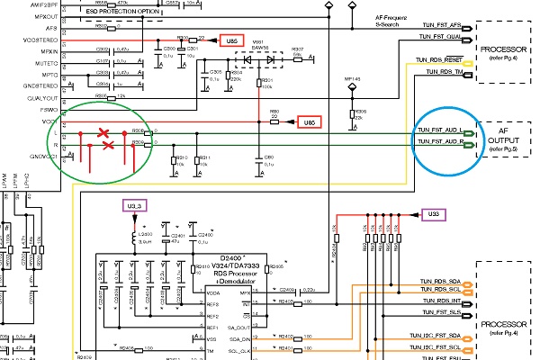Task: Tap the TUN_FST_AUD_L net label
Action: pyautogui.click(x=441, y=130)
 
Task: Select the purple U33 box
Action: pyautogui.click(x=433, y=214)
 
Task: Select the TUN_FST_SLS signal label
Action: pyautogui.click(x=441, y=312)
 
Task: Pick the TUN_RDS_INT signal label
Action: pyautogui.click(x=441, y=301)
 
